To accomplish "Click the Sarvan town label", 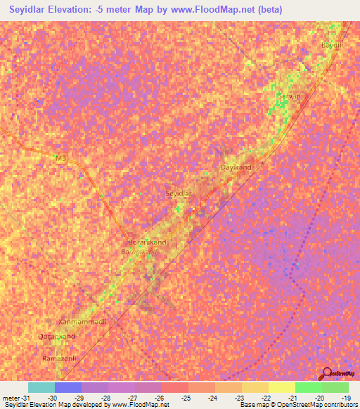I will click(289, 96).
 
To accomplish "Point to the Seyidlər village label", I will click(178, 193).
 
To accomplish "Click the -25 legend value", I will click(186, 398).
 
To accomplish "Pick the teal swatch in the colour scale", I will click(41, 387).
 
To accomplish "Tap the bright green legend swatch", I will click(308, 387).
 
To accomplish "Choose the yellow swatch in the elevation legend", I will click(281, 387).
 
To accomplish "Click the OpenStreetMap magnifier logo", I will click(326, 372).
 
